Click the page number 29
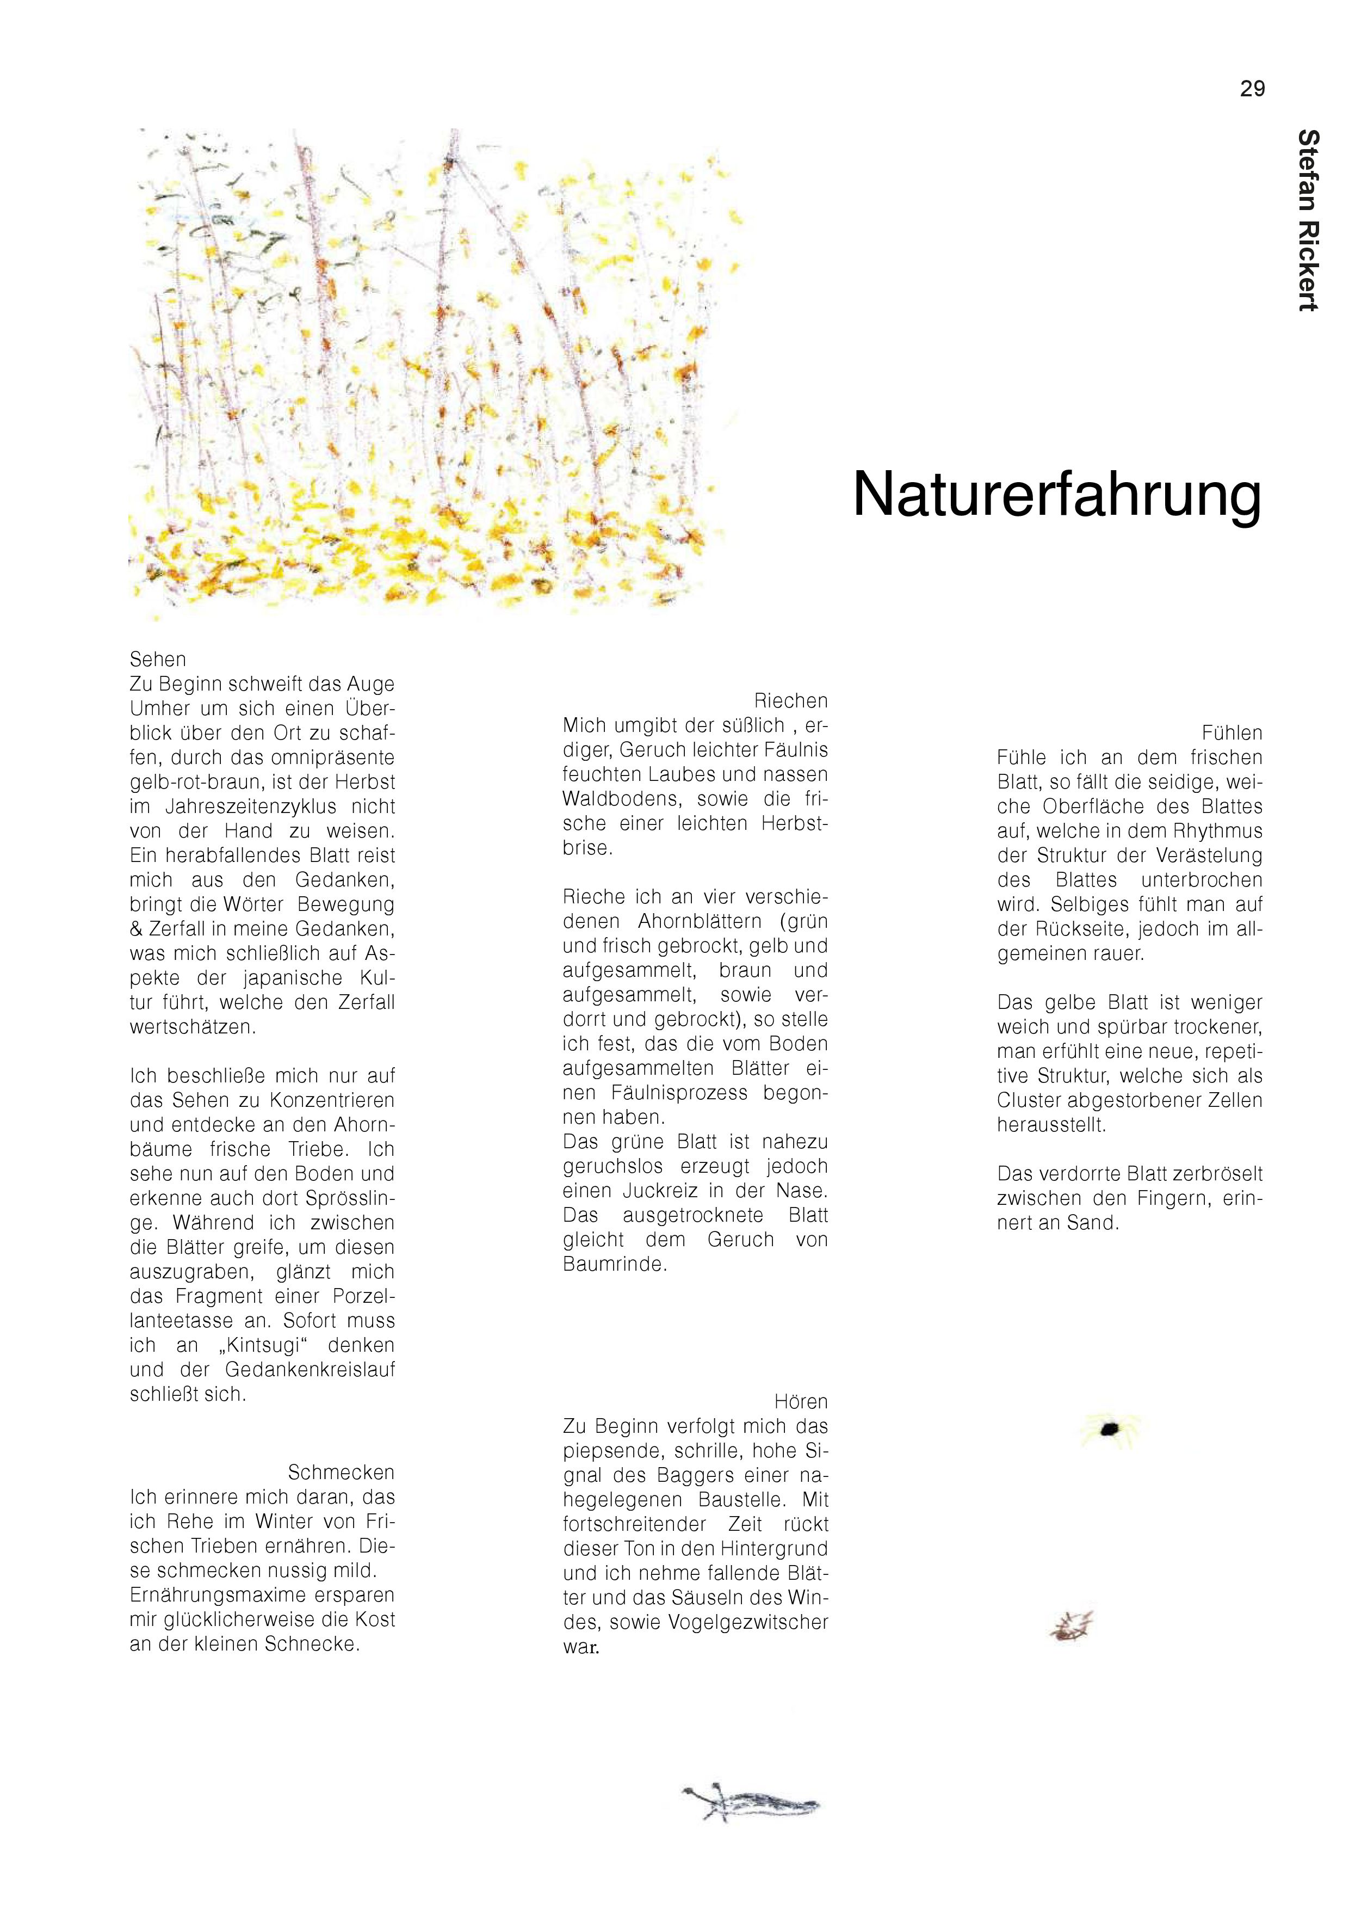pos(1252,89)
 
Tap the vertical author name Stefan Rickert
pos(1308,220)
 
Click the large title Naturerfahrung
pos(1056,496)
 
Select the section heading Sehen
pos(158,660)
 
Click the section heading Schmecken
pos(341,1471)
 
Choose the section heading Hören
pos(801,1401)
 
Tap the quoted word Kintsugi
pos(268,1345)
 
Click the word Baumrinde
pos(615,1264)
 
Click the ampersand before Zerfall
pos(137,929)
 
